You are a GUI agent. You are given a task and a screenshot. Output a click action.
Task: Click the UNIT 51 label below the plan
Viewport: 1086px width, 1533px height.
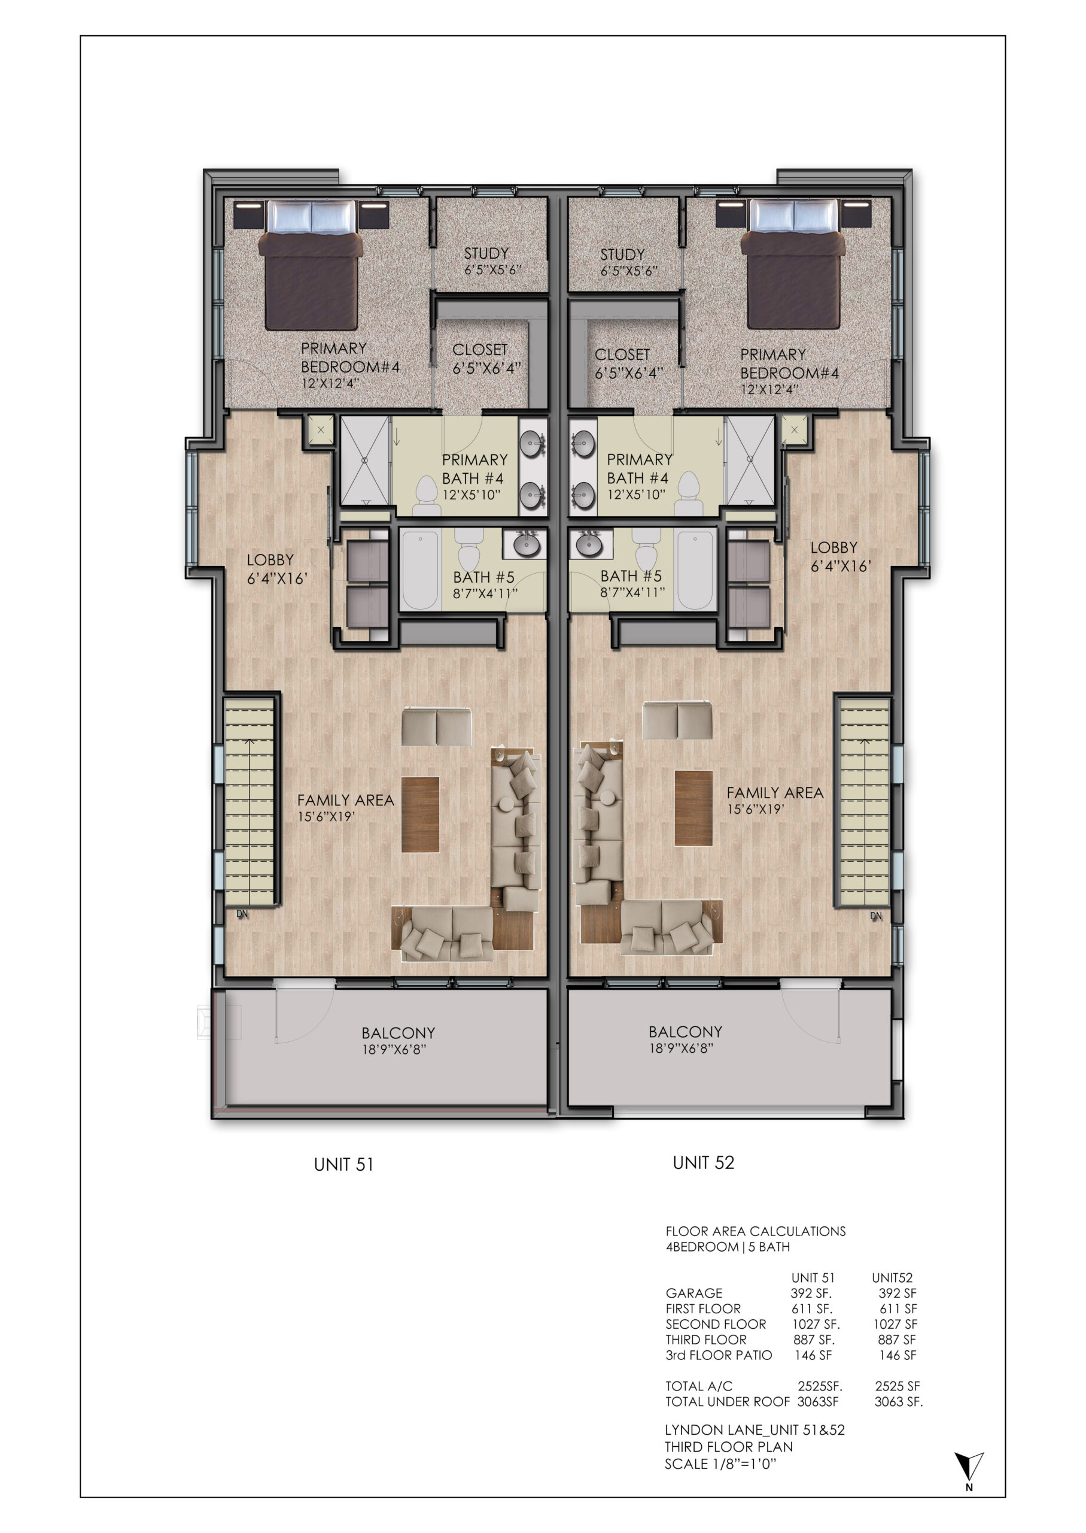tap(343, 1164)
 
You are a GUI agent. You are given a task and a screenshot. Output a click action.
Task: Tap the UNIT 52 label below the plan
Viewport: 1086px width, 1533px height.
tap(704, 1163)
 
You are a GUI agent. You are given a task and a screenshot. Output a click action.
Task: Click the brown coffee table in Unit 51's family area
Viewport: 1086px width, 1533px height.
tap(420, 814)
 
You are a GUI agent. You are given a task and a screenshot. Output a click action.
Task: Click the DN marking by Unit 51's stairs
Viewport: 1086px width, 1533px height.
tap(242, 914)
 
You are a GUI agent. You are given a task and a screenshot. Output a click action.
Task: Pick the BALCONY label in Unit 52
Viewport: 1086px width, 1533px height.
tap(686, 1032)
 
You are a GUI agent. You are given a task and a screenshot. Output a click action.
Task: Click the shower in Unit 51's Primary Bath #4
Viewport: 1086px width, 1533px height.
tap(365, 460)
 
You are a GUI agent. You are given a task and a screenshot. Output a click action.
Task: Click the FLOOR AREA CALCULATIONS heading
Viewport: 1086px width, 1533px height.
tap(756, 1231)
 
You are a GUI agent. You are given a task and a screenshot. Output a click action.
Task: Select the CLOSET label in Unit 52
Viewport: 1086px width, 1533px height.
tap(622, 355)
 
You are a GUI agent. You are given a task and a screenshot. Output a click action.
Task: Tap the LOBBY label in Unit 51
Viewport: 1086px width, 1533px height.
tap(270, 560)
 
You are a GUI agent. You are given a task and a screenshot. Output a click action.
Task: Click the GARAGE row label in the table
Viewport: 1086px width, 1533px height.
tap(694, 1293)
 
